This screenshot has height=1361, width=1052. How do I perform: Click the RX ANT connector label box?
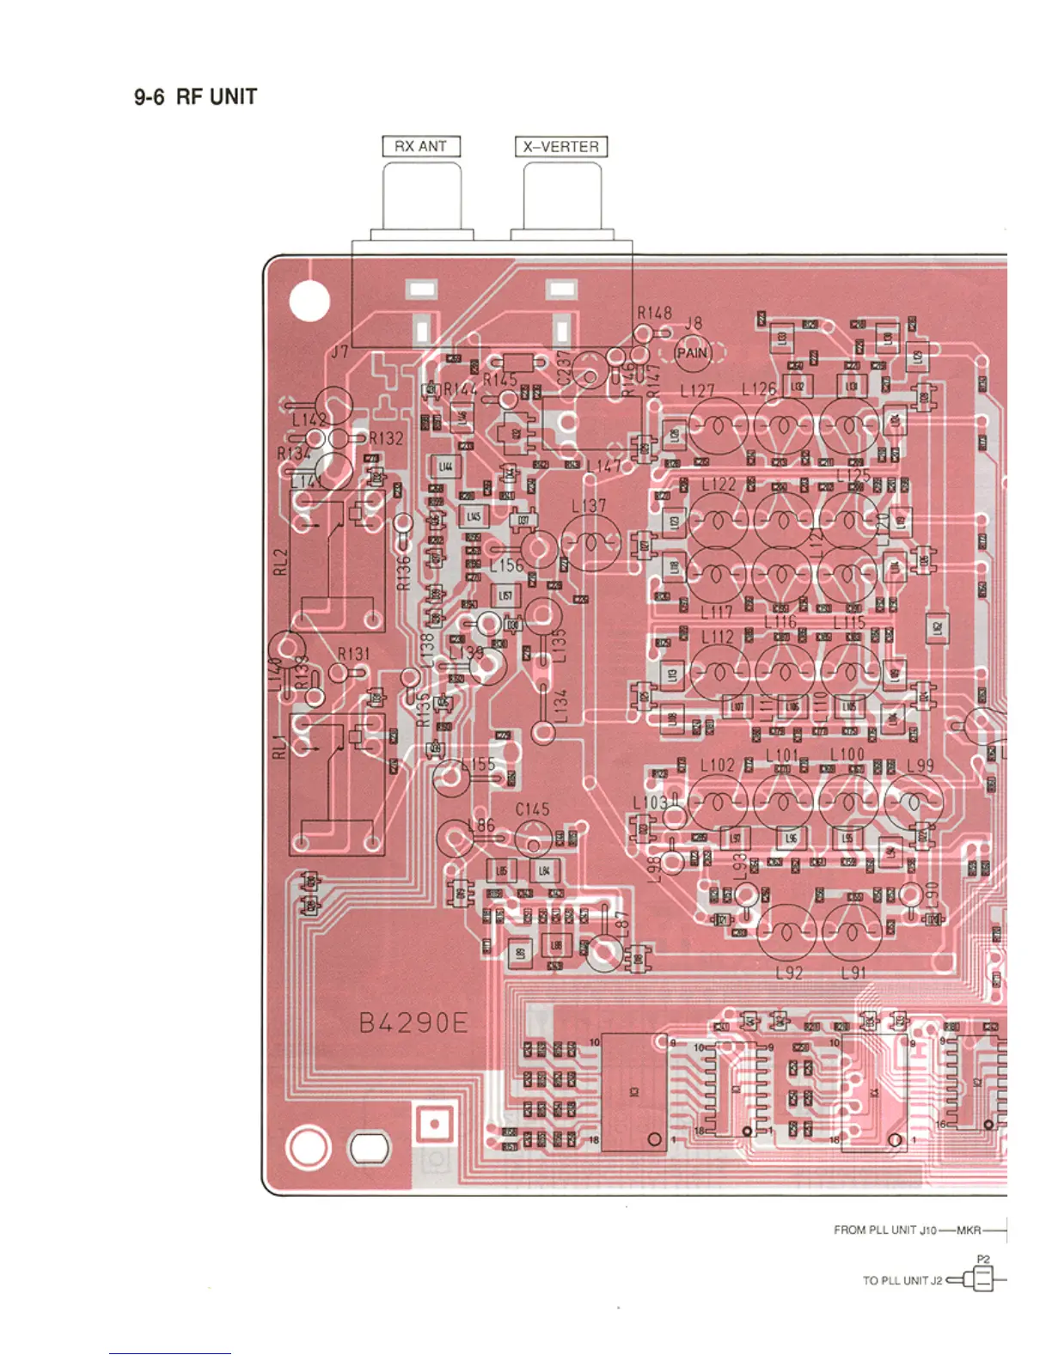tap(421, 147)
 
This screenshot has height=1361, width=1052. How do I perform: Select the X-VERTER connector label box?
tap(561, 147)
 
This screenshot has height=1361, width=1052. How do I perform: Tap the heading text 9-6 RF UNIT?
tap(195, 97)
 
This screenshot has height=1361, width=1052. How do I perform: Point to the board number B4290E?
tap(413, 1023)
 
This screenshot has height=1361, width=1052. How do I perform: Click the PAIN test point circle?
tap(692, 352)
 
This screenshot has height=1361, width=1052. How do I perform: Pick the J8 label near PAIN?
tap(694, 324)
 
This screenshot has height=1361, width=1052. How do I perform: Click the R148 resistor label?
tap(654, 314)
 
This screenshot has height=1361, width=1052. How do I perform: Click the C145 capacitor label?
tap(532, 809)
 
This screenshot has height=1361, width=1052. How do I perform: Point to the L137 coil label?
tap(589, 506)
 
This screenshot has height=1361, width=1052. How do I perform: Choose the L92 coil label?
tap(788, 973)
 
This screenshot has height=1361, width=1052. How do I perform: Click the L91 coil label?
tap(853, 973)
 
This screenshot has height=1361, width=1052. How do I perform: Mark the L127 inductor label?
tap(697, 391)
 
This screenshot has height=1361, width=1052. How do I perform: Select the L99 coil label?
tap(921, 766)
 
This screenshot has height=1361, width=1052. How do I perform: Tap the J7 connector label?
tap(340, 351)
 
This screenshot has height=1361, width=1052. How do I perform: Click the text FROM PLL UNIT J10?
tap(885, 1230)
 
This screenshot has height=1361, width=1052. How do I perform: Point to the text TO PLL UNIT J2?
tap(902, 1280)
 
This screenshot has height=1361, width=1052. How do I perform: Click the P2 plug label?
tap(983, 1260)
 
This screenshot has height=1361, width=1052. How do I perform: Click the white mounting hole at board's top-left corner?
tap(309, 302)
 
